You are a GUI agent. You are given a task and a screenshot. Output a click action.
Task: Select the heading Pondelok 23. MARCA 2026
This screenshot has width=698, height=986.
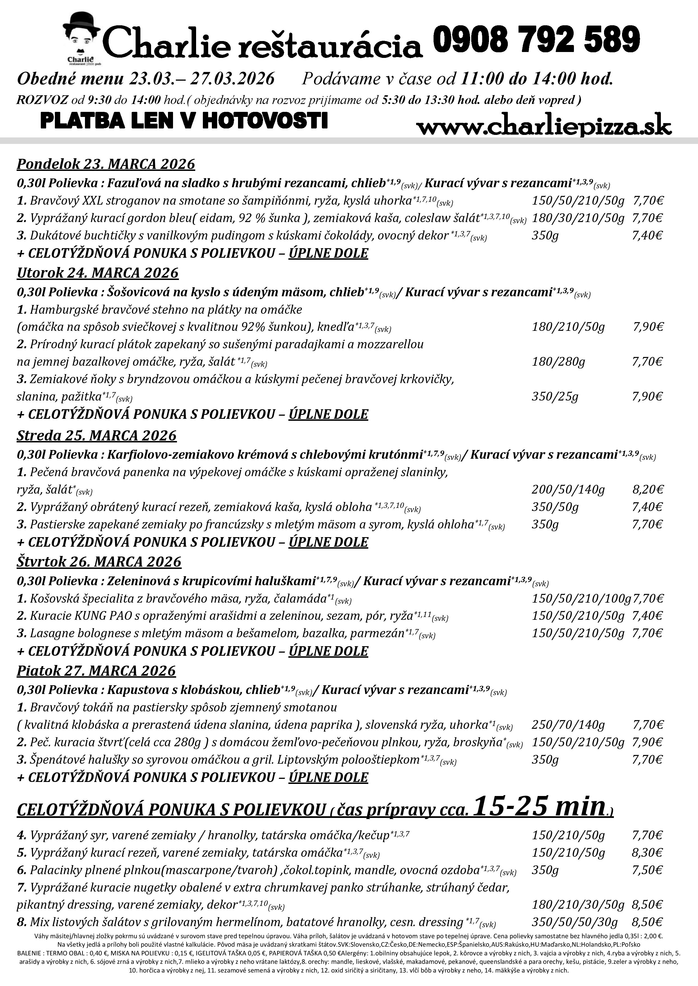[106, 164]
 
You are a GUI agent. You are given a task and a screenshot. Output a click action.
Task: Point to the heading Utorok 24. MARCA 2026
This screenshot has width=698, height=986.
[98, 273]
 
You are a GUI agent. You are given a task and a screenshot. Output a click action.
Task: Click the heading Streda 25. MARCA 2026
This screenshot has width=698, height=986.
[97, 435]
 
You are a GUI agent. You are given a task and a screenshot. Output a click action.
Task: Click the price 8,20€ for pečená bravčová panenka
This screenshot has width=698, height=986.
[648, 490]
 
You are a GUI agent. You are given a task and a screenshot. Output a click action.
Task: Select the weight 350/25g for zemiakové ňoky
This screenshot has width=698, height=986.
[555, 396]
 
